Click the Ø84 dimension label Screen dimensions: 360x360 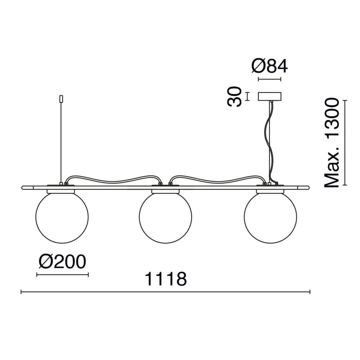(x=270, y=66)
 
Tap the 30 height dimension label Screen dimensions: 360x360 (x=234, y=96)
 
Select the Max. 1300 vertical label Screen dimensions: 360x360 (x=332, y=143)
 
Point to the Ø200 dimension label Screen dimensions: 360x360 (x=62, y=262)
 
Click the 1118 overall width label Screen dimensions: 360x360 (x=166, y=279)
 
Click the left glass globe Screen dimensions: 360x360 (x=62, y=217)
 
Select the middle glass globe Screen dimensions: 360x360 (x=166, y=217)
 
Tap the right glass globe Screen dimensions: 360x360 (x=270, y=217)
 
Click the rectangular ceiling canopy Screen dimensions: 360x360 (x=270, y=96)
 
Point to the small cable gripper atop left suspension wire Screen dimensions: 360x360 (x=61, y=99)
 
